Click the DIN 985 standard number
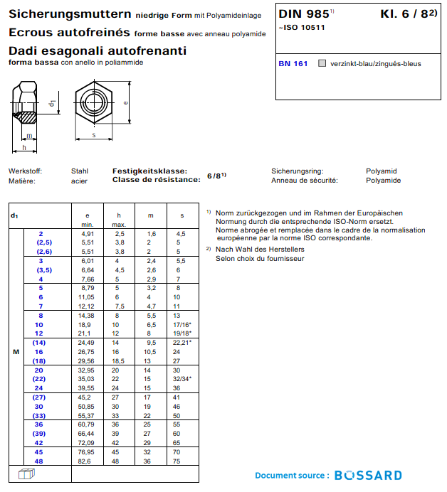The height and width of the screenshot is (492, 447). click(304, 14)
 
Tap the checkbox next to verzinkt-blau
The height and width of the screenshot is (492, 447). click(322, 63)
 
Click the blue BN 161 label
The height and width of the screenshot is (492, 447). click(293, 63)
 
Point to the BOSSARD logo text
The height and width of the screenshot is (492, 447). click(368, 475)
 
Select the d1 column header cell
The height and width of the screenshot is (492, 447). click(14, 215)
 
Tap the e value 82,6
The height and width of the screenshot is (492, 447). click(87, 461)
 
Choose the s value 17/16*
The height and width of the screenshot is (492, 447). click(183, 323)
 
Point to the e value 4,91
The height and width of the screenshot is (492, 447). click(88, 233)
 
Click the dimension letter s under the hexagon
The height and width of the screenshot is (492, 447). click(93, 135)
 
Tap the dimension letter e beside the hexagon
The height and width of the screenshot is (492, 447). click(126, 102)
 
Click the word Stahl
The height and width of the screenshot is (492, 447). click(80, 171)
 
